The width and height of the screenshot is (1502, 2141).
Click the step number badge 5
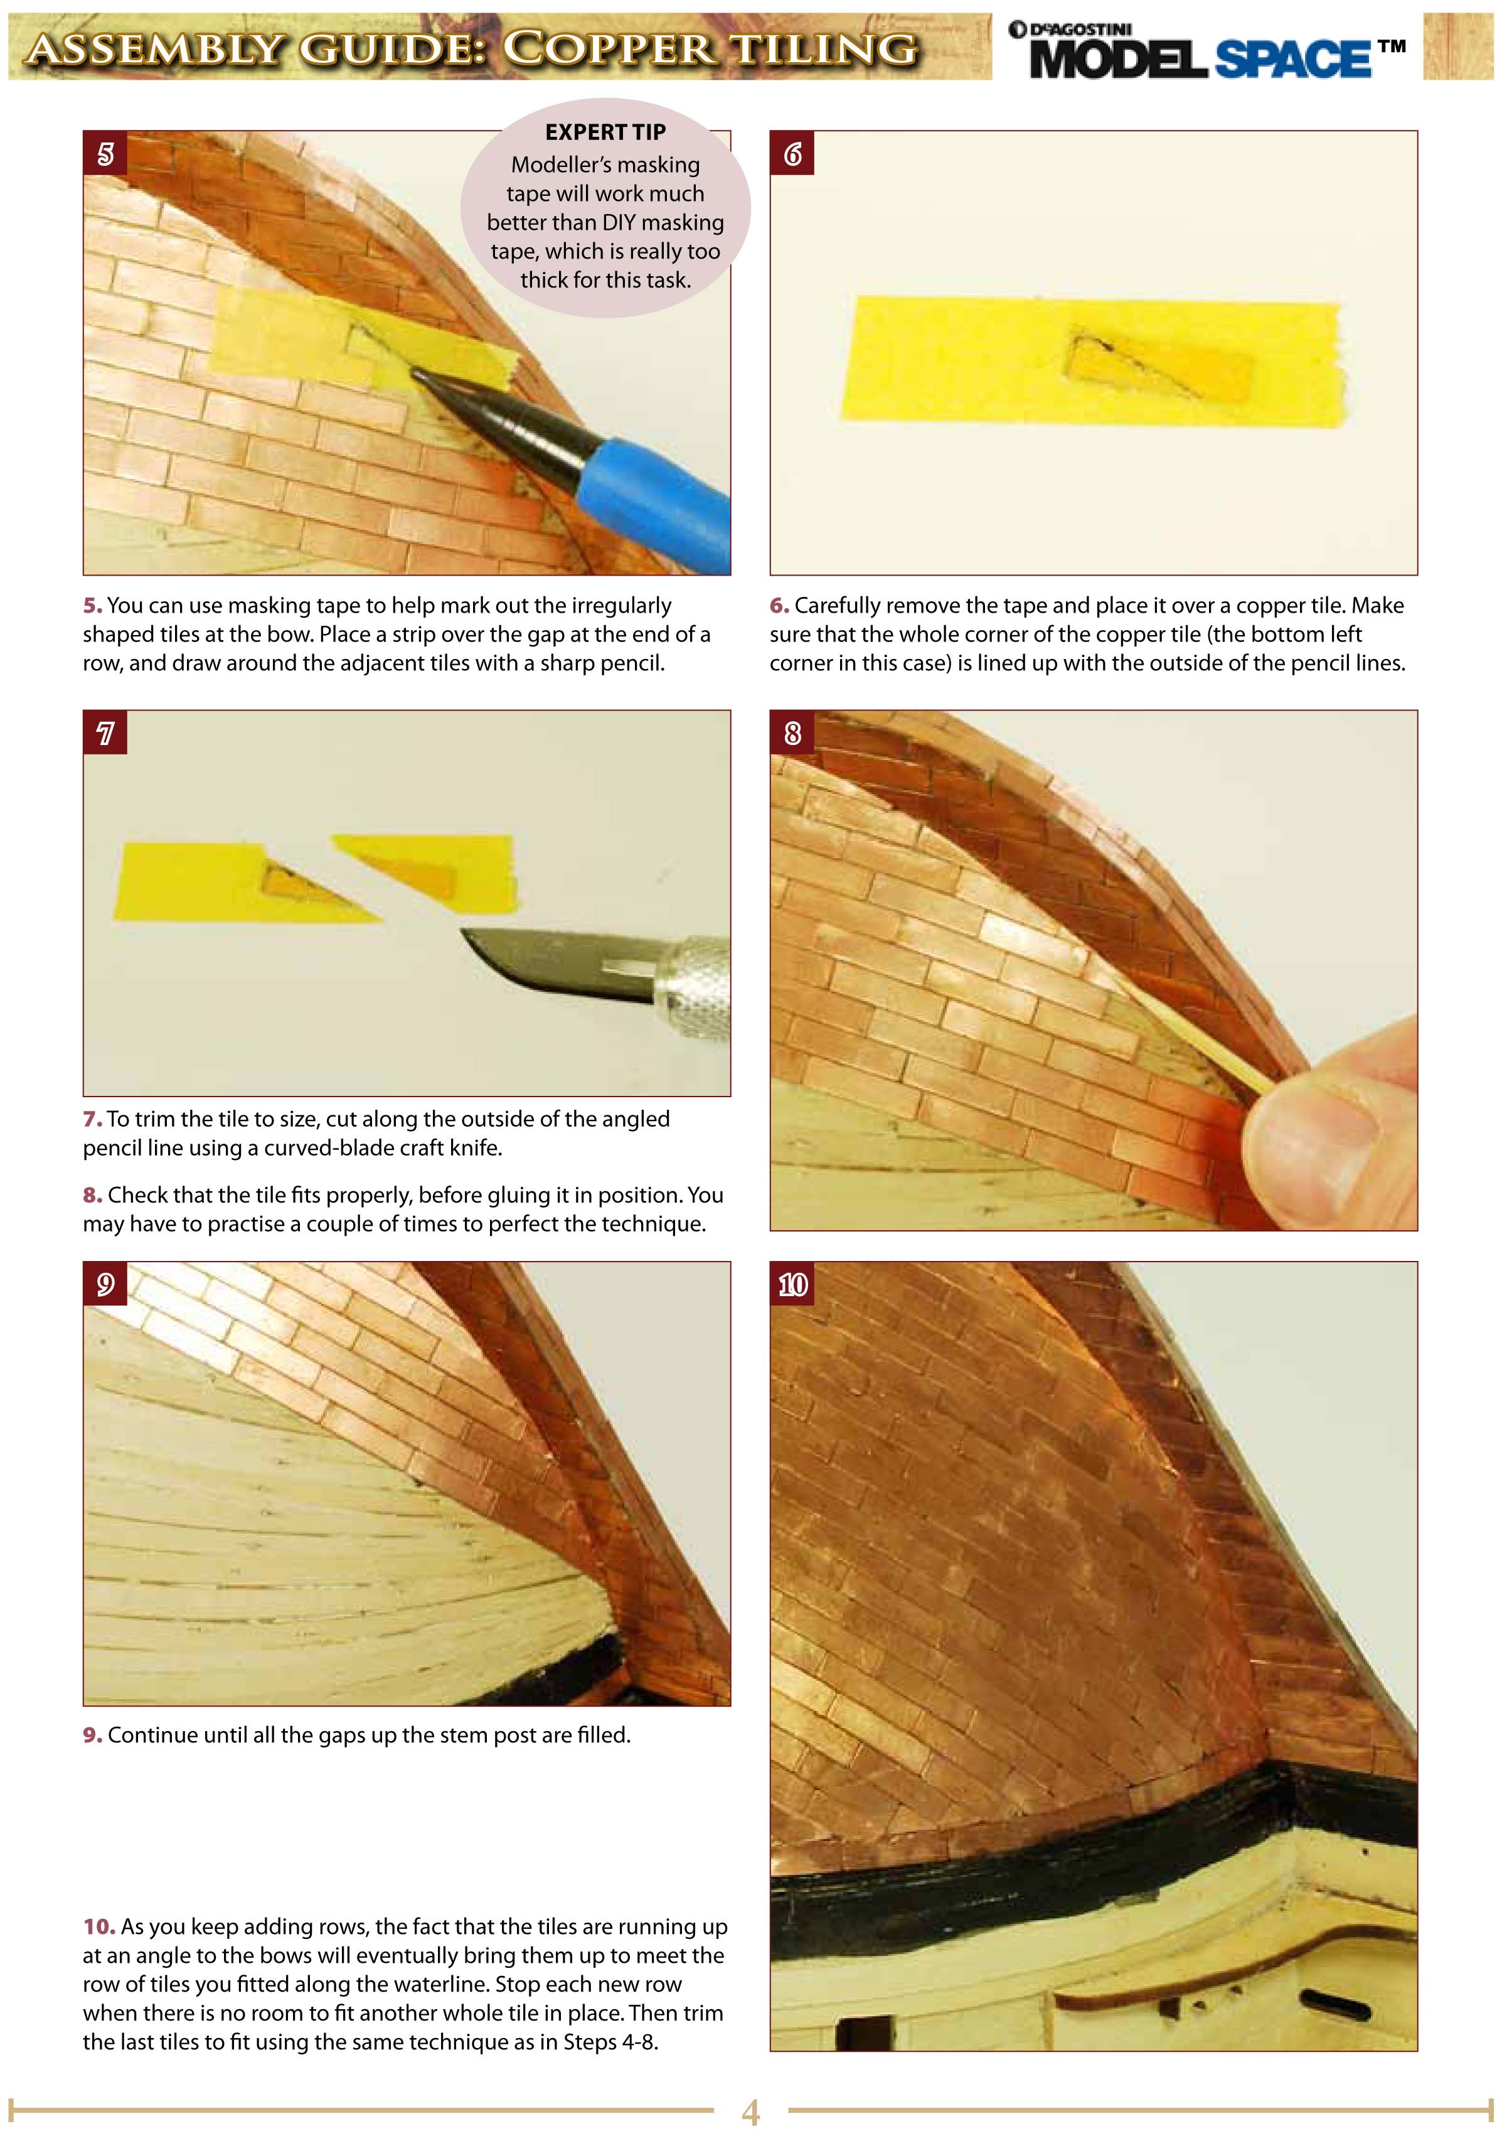coord(105,153)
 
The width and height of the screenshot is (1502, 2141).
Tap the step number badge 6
coord(792,153)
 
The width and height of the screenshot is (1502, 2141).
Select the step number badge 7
coord(105,733)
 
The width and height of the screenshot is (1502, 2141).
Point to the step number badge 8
coord(792,733)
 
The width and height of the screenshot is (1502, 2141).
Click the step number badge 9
coord(105,1284)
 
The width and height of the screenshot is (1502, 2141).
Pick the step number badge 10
coord(792,1284)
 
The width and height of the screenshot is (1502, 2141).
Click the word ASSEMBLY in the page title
coord(154,48)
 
